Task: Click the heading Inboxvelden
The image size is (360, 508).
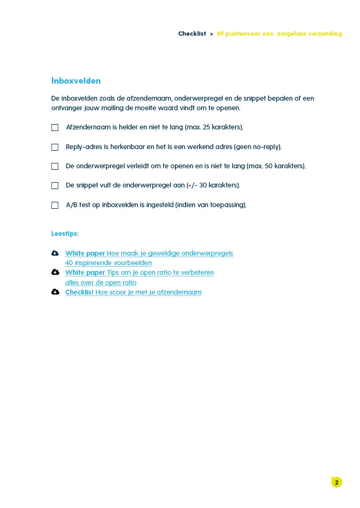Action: (76, 81)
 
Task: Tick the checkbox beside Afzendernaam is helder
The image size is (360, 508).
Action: (55, 128)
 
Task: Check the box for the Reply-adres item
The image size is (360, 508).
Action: (55, 147)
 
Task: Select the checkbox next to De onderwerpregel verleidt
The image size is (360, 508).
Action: (55, 166)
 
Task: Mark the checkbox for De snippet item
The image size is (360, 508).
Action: (55, 185)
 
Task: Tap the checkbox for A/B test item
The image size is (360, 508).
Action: (55, 205)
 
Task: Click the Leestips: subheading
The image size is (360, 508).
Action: (65, 233)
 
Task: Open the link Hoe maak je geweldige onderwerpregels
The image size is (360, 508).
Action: (170, 253)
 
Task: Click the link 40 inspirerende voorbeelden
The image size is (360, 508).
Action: (108, 263)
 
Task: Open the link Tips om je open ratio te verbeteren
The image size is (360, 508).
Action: (160, 272)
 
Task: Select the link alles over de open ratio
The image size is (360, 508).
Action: (101, 282)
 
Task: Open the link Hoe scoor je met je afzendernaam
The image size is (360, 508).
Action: (148, 292)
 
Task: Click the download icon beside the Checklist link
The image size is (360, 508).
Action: (55, 292)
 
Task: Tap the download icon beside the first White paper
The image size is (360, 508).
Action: (55, 253)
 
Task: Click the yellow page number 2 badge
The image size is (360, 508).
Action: (336, 482)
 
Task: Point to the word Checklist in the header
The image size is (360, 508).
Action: (192, 34)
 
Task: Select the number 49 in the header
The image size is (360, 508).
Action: (220, 34)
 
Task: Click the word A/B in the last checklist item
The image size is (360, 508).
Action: (72, 205)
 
